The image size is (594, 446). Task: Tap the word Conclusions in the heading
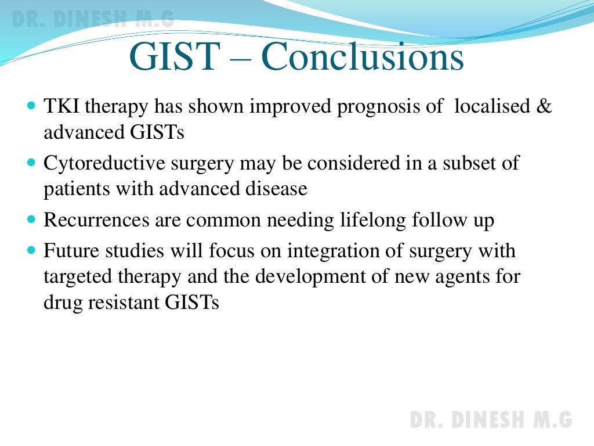click(x=363, y=57)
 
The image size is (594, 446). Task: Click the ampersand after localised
click(x=544, y=107)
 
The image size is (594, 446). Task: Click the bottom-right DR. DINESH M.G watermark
click(x=491, y=419)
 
